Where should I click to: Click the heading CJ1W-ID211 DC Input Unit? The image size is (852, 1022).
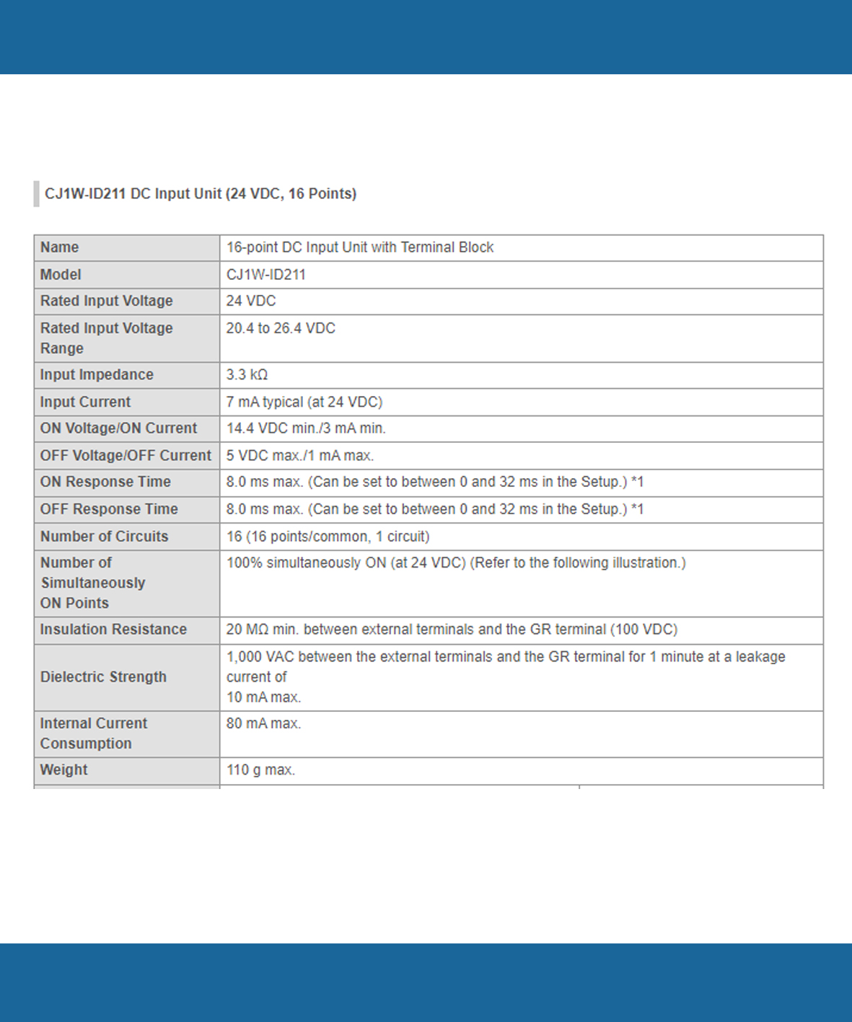coord(201,194)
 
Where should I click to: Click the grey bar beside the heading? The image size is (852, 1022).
coord(36,194)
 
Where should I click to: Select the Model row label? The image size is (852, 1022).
coord(61,275)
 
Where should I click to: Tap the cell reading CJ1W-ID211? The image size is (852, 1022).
coord(266,275)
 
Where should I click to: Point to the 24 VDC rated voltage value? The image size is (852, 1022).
coord(251,301)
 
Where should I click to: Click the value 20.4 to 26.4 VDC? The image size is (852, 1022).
coord(281,328)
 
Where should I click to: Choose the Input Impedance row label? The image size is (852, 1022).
coord(97,375)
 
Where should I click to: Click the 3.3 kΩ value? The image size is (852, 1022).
coord(247,375)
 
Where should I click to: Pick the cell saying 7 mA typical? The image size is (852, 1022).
coord(304,402)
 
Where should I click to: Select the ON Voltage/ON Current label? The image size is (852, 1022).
coord(118,428)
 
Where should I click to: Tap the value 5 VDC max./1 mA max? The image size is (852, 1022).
coord(300,456)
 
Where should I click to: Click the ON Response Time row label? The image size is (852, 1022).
coord(105,482)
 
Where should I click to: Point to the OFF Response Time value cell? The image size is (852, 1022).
coord(435,509)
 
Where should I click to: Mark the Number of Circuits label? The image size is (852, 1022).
coord(104,537)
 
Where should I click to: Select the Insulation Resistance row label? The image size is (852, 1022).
coord(113,630)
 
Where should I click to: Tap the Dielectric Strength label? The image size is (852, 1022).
coord(103,677)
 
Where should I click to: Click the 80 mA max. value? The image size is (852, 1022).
coord(263,723)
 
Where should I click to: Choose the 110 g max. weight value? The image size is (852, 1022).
coord(260,770)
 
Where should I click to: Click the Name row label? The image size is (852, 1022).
coord(59,247)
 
